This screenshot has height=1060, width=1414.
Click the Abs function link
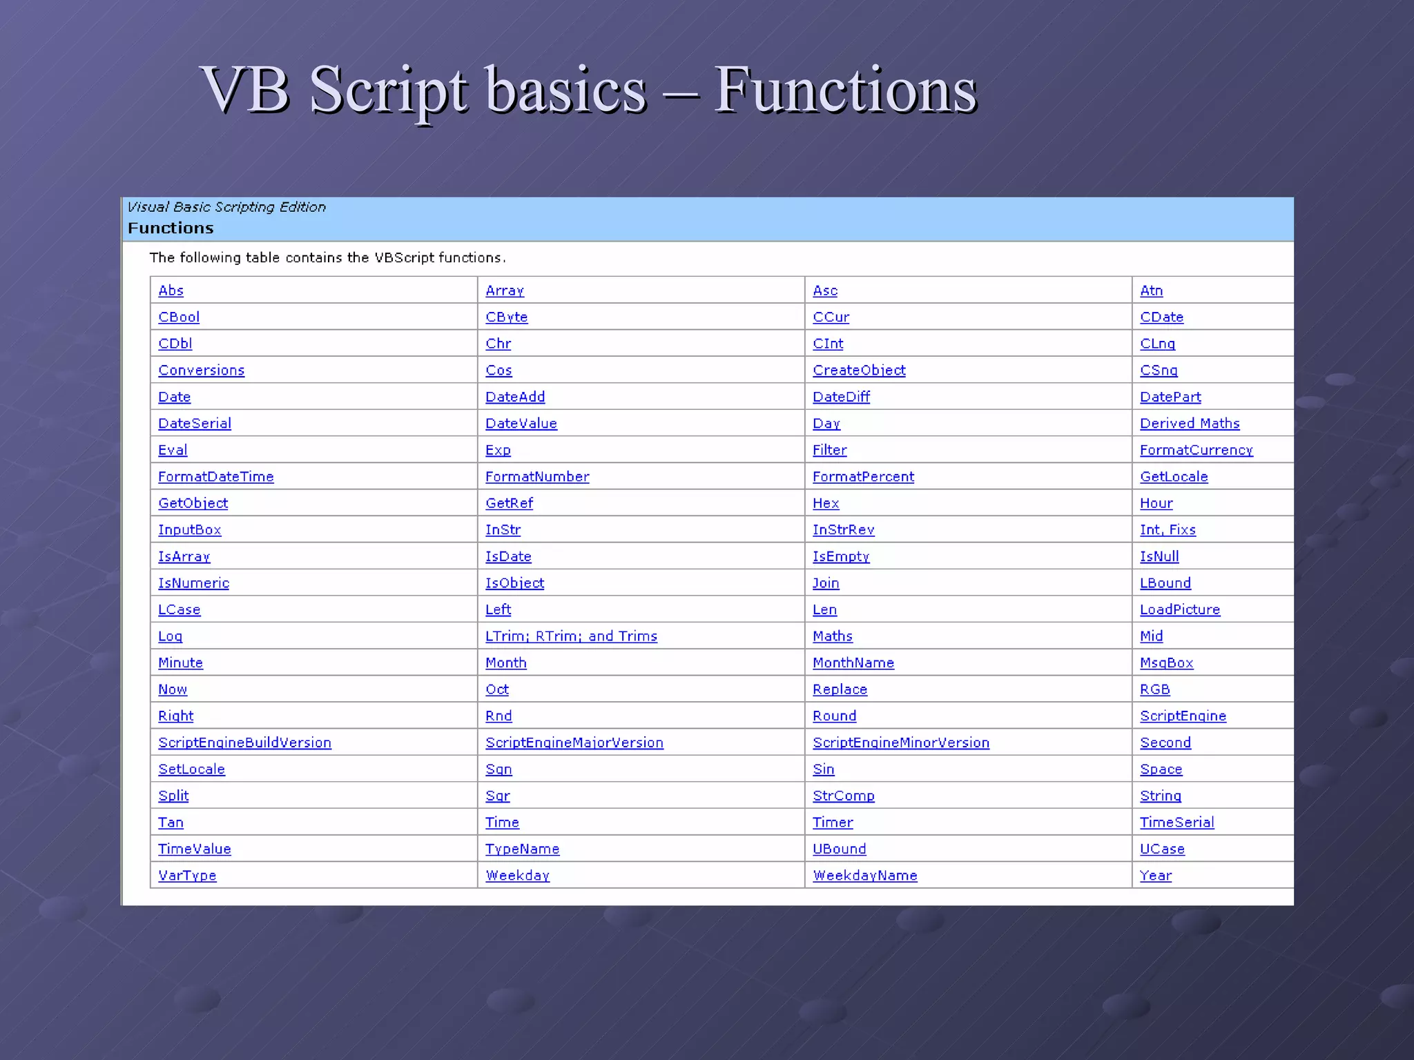pyautogui.click(x=171, y=291)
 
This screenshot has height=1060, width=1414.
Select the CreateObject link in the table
pyautogui.click(x=859, y=371)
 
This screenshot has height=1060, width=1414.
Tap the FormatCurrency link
pyautogui.click(x=1196, y=450)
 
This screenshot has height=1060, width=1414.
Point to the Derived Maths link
pyautogui.click(x=1190, y=424)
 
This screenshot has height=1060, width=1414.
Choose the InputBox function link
pyautogui.click(x=189, y=530)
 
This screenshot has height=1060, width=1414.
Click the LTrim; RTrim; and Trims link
pyautogui.click(x=571, y=636)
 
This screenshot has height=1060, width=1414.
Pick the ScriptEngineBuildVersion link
pyautogui.click(x=244, y=743)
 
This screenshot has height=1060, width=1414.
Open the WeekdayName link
pyautogui.click(x=864, y=876)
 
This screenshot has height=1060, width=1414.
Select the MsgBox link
pyautogui.click(x=1166, y=663)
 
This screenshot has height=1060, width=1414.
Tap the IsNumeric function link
pyautogui.click(x=193, y=583)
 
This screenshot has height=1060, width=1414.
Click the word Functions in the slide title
pyautogui.click(x=845, y=90)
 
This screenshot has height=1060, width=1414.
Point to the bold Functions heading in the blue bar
pyautogui.click(x=171, y=228)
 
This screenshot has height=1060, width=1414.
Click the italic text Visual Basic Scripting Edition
pyautogui.click(x=226, y=207)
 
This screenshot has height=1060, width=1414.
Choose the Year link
pyautogui.click(x=1156, y=876)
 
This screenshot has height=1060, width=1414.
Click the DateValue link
pyautogui.click(x=521, y=424)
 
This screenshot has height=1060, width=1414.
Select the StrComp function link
pyautogui.click(x=843, y=796)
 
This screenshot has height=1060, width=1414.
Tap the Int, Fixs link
pyautogui.click(x=1168, y=530)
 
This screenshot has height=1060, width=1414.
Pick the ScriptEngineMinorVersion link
pyautogui.click(x=900, y=743)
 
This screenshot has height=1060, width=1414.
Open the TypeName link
pyautogui.click(x=522, y=849)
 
